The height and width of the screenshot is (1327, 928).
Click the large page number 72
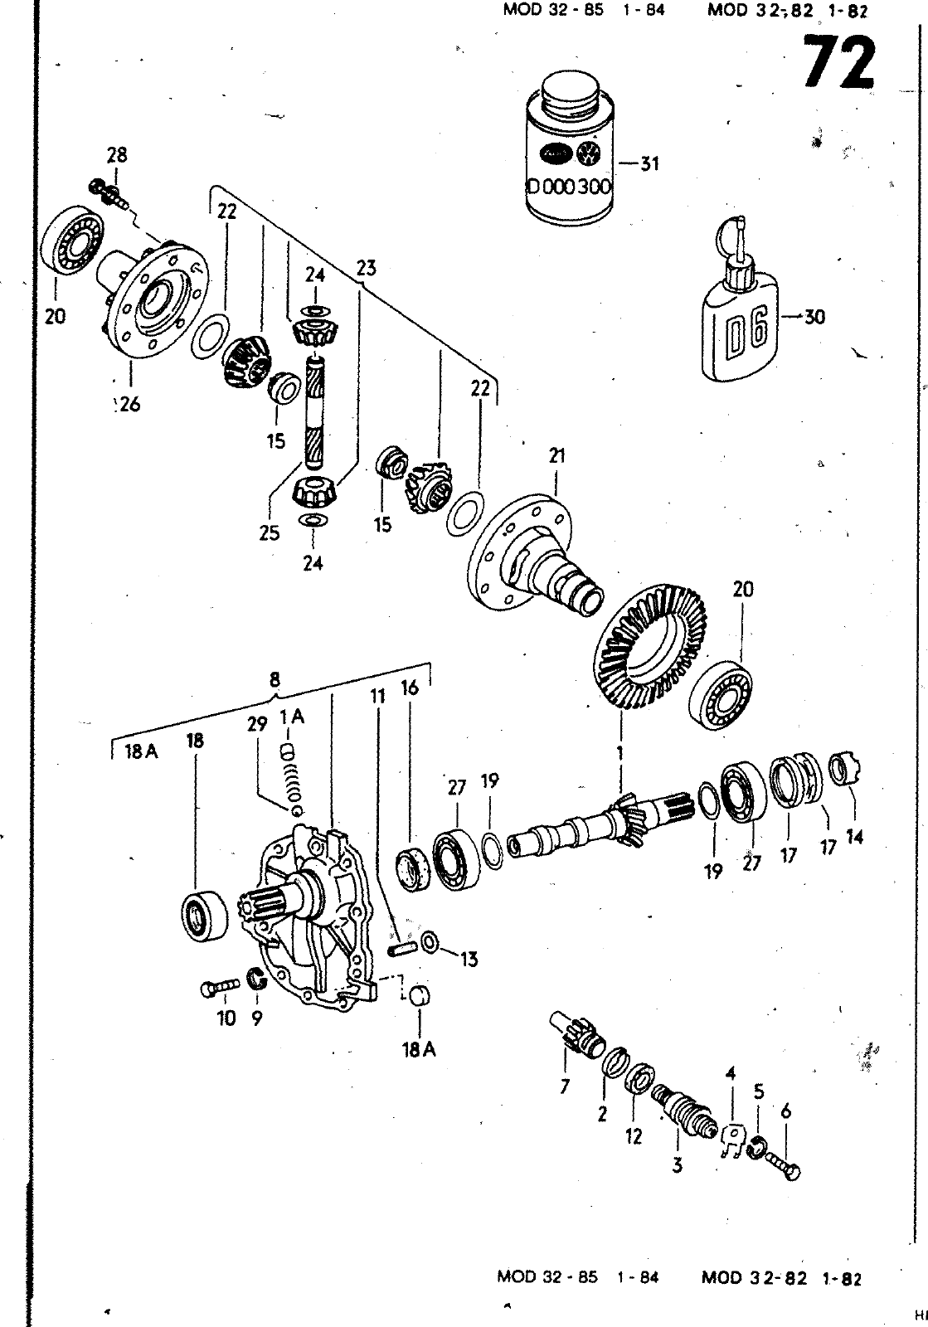[x=839, y=64]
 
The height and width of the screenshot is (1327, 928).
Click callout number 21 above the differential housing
[x=556, y=455]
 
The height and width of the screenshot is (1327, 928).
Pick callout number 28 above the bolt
[x=116, y=155]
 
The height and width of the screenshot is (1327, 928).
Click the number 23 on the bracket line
[x=366, y=268]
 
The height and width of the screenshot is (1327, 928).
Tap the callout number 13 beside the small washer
[x=469, y=960]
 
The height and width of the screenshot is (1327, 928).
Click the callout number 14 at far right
[x=854, y=837]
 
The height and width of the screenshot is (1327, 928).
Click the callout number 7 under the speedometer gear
[x=566, y=1086]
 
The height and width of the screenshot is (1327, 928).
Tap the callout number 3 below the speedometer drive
[x=678, y=1165]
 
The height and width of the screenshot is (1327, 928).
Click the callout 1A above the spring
[x=291, y=717]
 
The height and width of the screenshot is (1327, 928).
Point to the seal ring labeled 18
[x=204, y=916]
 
